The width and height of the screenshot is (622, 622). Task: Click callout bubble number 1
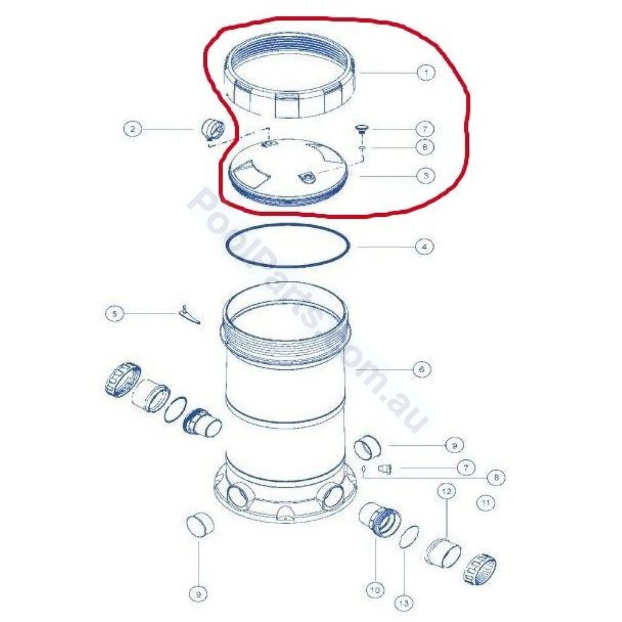coord(426,73)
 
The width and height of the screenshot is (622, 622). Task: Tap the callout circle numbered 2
coord(132,129)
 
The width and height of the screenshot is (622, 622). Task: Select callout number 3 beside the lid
coord(426,176)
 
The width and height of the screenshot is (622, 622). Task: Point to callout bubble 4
coord(425,247)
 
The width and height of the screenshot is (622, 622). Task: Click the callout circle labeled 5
coord(115,314)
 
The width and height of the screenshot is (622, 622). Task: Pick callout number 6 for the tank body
coord(422,369)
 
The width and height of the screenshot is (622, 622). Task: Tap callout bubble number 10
coord(375,590)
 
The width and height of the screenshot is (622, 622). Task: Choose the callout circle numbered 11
coord(485,503)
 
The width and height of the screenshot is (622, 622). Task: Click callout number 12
coord(446,491)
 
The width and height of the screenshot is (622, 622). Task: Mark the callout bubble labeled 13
coord(403,603)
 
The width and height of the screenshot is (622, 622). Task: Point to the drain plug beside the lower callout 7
coord(385,469)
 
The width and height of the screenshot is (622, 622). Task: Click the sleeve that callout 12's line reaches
coord(443,552)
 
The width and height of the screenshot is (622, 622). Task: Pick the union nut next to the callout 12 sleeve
coord(480,568)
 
